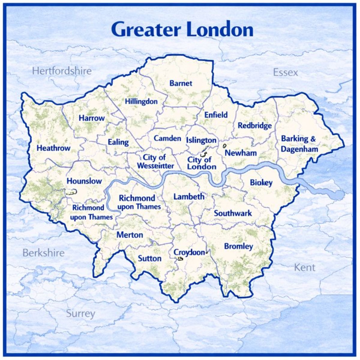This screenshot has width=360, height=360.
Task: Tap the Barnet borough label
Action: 181,83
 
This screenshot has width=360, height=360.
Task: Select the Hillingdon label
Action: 141,101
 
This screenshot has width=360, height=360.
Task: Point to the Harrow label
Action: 92,118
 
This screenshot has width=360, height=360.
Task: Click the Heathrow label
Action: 53,148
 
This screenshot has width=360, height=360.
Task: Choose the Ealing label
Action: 118,142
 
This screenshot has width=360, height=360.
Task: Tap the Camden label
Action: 167,138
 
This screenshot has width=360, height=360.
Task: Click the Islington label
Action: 201,140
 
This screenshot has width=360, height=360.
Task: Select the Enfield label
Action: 216,115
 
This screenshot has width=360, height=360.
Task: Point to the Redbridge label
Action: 255,125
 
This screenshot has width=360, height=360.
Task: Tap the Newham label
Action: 241,153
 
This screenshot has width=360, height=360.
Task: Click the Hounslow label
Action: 84,181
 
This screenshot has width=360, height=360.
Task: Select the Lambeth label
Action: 189,197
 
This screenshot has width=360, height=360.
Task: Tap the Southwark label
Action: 233,213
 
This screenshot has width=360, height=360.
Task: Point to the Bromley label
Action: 238,247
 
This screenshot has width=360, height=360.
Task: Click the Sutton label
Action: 149,258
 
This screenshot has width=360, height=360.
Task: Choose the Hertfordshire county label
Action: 62,71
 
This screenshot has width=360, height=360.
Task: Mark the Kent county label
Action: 304,267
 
